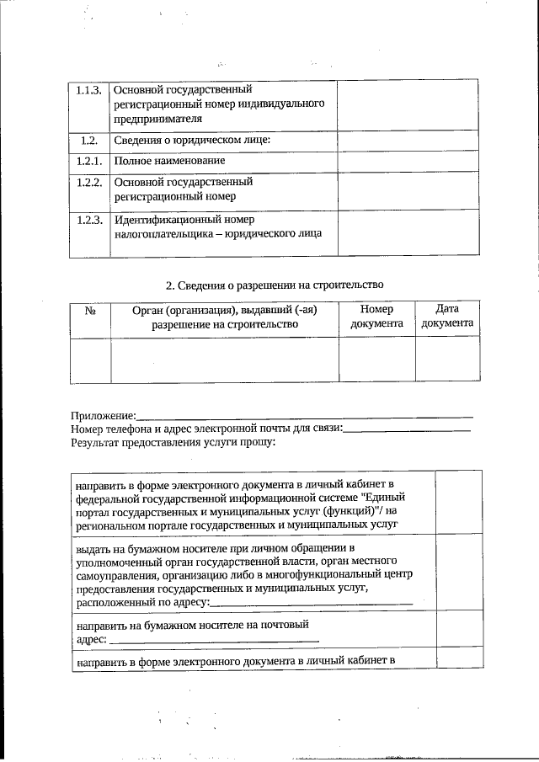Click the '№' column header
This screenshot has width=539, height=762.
[90, 311]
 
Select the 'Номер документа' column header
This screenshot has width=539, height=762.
[376, 317]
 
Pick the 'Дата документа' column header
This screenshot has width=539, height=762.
[446, 317]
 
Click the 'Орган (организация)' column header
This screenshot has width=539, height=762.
[224, 317]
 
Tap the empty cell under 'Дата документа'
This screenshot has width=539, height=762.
[446, 360]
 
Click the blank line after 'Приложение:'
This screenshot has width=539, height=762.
[304, 416]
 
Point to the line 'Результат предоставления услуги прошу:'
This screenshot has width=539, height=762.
[173, 441]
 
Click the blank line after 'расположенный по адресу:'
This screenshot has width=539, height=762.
[312, 603]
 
